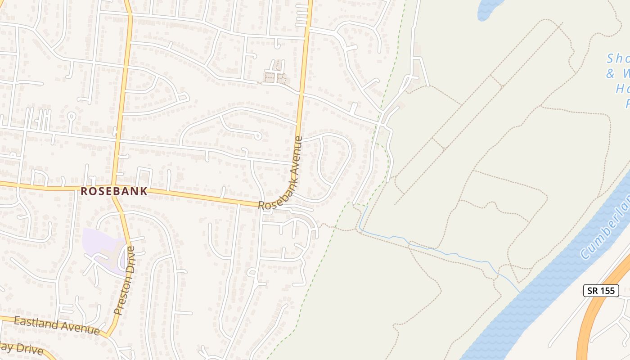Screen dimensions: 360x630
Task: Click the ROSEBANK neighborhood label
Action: click(114, 191)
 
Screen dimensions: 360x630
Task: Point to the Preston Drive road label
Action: click(125, 280)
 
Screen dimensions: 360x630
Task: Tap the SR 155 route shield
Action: click(601, 291)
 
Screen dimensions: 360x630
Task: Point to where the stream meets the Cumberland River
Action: click(520, 292)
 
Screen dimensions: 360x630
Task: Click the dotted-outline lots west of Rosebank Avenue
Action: click(275, 77)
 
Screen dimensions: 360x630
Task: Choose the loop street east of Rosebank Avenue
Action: click(335, 166)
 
